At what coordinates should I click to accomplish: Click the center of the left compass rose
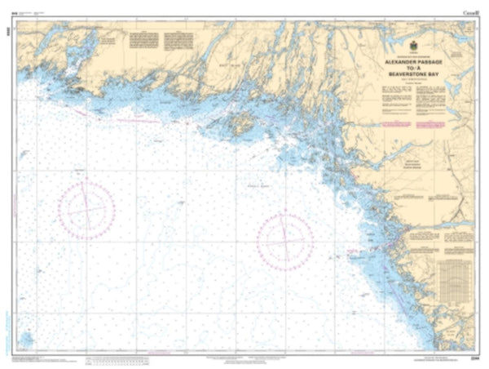click(86, 210)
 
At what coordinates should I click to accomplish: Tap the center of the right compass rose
click(285, 240)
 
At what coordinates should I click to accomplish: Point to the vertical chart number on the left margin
click(6, 24)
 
